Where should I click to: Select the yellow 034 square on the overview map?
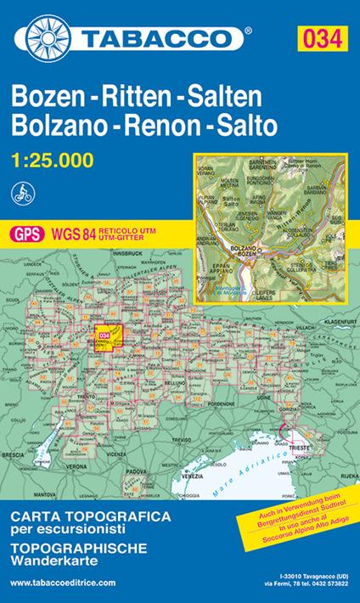[x=105, y=335]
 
